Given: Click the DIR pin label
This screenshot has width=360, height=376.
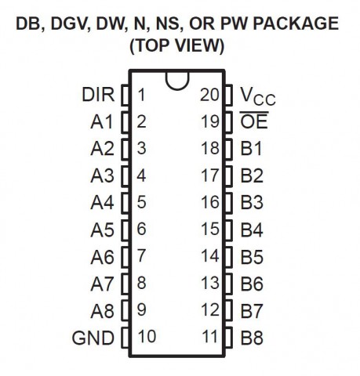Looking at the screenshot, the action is click(x=98, y=95).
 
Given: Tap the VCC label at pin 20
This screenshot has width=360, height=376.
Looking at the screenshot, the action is click(x=257, y=96).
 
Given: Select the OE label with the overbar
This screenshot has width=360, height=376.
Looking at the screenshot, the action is click(x=254, y=120).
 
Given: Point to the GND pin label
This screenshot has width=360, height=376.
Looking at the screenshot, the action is click(x=93, y=338).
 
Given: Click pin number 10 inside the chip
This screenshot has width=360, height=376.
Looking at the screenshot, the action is click(x=147, y=336).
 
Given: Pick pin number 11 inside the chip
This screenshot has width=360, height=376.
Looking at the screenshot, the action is click(x=209, y=336).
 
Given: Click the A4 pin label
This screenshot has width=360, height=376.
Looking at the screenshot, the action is click(x=102, y=202).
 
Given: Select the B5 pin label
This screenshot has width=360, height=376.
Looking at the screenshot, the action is click(x=252, y=257).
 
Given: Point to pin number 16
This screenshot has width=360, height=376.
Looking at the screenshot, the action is click(x=210, y=202).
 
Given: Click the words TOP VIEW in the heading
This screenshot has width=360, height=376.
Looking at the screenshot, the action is click(x=177, y=46).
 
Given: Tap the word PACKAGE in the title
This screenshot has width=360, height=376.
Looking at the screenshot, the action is click(x=296, y=23).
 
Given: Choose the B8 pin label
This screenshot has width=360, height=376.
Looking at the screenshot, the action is click(x=252, y=338).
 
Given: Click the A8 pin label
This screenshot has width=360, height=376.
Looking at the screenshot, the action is click(x=102, y=311).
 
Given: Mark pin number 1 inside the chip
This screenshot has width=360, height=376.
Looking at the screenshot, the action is click(x=141, y=95).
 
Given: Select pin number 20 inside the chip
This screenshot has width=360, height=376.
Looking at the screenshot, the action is click(x=209, y=95).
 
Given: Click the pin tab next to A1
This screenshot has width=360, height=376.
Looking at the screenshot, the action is click(x=125, y=121).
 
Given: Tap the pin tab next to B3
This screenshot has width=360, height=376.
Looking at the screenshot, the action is click(x=228, y=203).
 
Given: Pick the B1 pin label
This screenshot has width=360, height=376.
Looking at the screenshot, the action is click(x=251, y=148).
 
